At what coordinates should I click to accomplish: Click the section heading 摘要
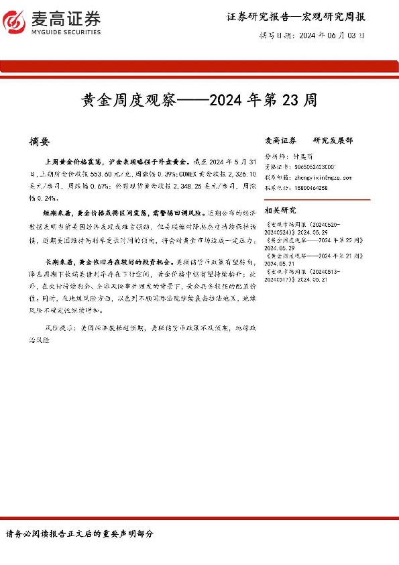[40, 142]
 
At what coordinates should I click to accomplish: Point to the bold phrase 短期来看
[58, 211]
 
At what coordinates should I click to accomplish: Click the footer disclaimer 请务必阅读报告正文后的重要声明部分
[80, 534]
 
